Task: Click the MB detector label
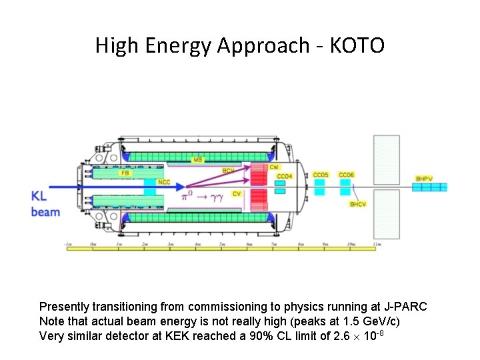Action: tap(197, 160)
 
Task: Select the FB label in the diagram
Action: tap(125, 173)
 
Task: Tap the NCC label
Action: tap(165, 182)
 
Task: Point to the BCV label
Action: tap(229, 171)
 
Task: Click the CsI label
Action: tap(274, 167)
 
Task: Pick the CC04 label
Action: tap(285, 177)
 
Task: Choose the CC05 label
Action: tap(321, 175)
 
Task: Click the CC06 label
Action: tap(346, 175)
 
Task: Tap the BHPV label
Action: tap(424, 178)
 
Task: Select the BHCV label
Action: tap(358, 204)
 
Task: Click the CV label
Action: tap(237, 193)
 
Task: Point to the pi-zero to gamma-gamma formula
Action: tap(207, 197)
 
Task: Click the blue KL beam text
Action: tap(45, 204)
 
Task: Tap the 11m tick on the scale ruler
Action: tap(377, 245)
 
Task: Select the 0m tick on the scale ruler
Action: tap(93, 245)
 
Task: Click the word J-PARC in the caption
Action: tap(405, 307)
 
